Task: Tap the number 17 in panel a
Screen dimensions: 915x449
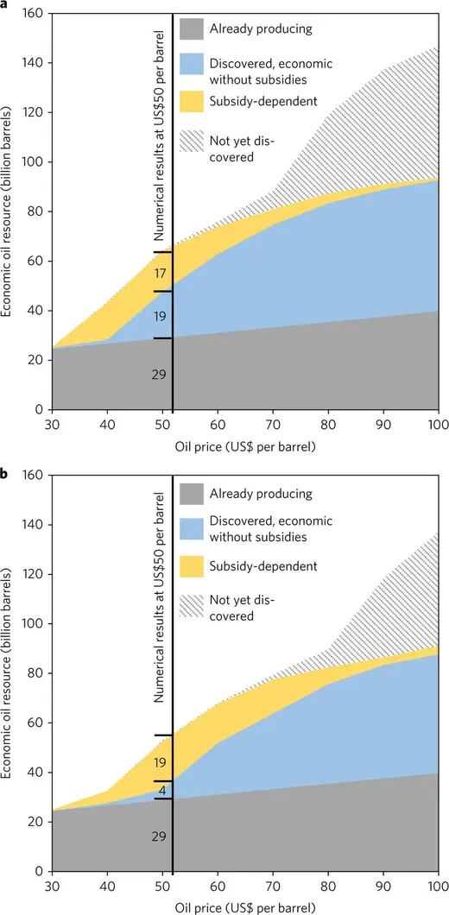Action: click(161, 274)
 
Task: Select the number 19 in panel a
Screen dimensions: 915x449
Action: click(161, 317)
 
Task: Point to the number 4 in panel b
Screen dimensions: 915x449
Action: click(161, 790)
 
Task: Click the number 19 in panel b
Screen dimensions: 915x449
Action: click(161, 762)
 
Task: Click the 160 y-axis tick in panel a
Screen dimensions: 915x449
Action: click(35, 14)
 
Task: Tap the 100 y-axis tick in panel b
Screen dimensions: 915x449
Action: click(35, 623)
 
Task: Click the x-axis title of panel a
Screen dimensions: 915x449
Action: click(244, 446)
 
